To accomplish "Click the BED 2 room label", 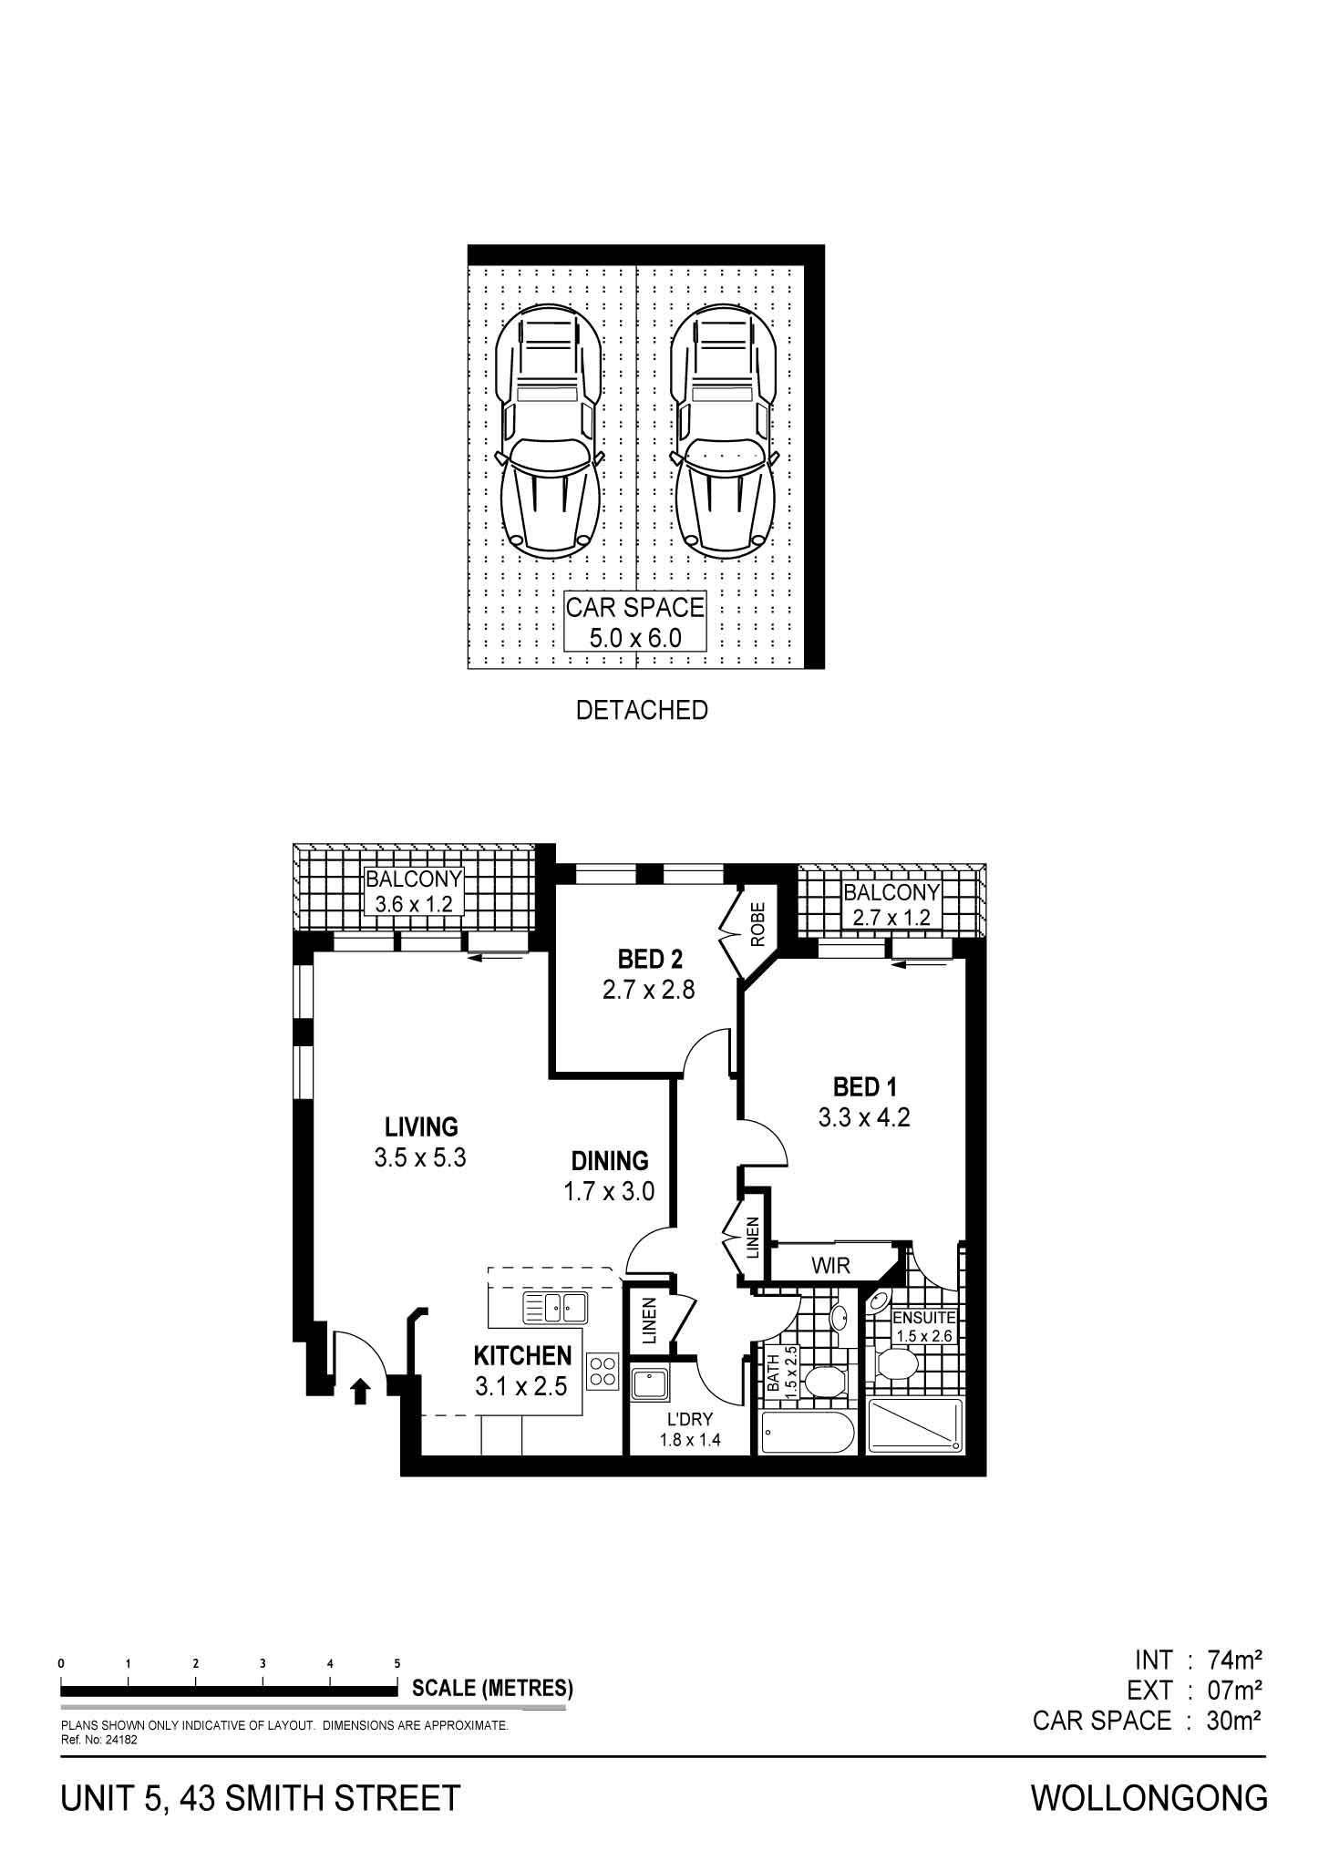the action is coord(649,959).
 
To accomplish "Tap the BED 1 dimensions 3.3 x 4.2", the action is coord(864,1116).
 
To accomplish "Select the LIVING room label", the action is coord(421,1127).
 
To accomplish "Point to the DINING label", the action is coord(610,1160).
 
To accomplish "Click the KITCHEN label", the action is coord(522,1355).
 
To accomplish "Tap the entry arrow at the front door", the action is coord(361,1390).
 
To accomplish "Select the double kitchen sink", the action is coord(554,1308).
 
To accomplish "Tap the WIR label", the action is coord(829,1266).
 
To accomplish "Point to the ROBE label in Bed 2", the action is coord(757,925).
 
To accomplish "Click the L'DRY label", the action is coord(690,1419).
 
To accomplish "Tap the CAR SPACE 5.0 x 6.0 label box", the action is coord(635,621).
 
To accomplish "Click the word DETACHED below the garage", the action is coord(642,710).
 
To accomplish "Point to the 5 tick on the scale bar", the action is coord(397,1663).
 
